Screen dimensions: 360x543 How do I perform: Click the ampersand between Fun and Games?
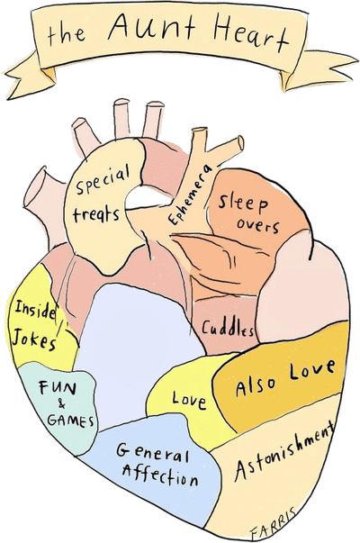pyautogui.click(x=61, y=403)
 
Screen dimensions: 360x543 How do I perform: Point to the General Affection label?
pyautogui.click(x=157, y=464)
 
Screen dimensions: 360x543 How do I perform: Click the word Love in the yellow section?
pyautogui.click(x=189, y=401)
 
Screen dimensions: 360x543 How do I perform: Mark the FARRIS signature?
pyautogui.click(x=273, y=524)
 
